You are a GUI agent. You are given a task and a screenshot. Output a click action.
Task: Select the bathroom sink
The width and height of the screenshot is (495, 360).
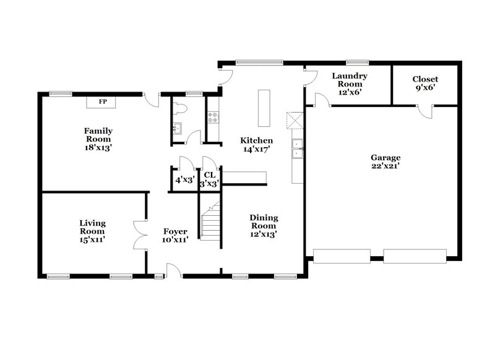click(x=176, y=129)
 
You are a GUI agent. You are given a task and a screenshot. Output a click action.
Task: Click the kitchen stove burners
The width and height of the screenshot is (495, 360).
click(x=214, y=115)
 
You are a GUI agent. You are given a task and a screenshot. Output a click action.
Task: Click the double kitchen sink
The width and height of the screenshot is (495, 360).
click(x=298, y=148)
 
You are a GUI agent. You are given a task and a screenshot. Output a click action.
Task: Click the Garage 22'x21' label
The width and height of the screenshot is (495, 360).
click(x=385, y=163)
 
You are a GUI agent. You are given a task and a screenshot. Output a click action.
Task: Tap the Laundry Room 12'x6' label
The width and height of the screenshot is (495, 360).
click(x=350, y=84)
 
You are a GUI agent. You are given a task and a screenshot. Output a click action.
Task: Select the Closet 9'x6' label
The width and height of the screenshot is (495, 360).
click(x=425, y=84)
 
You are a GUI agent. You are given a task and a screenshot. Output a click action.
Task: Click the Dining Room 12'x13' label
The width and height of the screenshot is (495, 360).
click(x=264, y=226)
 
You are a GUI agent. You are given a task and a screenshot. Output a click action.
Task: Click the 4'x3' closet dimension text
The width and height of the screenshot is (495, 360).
click(x=184, y=180)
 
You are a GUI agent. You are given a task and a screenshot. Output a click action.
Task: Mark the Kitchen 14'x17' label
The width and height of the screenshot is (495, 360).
click(x=257, y=145)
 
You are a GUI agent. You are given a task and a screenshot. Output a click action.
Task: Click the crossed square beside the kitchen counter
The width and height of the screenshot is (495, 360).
click(x=293, y=119)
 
